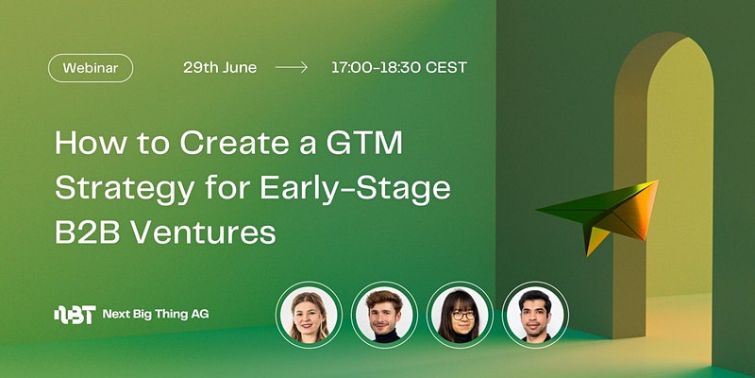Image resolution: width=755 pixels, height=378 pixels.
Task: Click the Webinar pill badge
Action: pos(91,68)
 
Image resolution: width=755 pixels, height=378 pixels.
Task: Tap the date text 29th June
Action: pos(220,67)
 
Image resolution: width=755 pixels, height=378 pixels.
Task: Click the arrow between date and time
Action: pos(292,67)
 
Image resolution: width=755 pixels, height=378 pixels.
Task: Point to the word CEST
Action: pos(445,67)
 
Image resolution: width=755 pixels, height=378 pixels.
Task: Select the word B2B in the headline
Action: pos(89,232)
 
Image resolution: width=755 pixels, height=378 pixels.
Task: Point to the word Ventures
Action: pos(204,232)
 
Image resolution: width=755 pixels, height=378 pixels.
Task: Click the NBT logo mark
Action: pos(75,315)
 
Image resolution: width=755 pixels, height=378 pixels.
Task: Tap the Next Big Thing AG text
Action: pos(156,315)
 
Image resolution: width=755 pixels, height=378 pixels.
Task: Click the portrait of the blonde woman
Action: pos(310,315)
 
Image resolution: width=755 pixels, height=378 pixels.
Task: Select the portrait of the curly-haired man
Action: pos(384,315)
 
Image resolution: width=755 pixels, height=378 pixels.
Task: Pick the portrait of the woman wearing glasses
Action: pos(460,315)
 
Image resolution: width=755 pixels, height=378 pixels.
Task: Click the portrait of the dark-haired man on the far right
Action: pos(535,315)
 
